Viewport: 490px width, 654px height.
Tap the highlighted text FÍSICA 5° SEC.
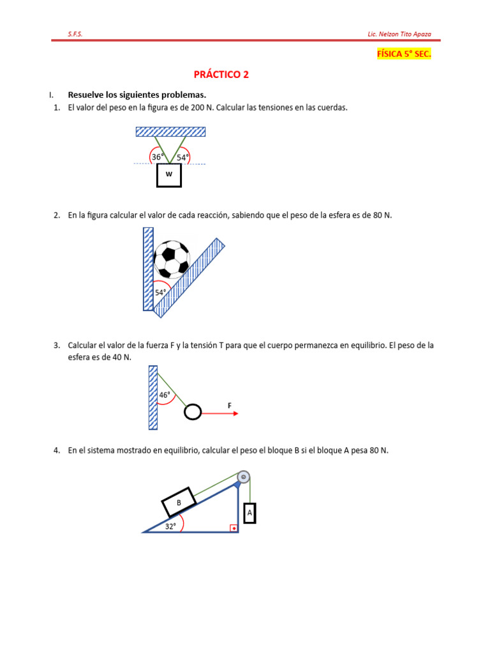point(404,54)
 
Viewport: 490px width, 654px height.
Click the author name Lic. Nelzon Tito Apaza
point(400,34)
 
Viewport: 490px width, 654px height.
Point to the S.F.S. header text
point(75,34)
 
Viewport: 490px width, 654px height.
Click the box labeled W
point(169,174)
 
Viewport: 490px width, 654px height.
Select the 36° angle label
point(158,157)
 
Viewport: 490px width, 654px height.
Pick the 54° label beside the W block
point(183,157)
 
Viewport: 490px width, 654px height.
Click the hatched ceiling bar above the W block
point(170,132)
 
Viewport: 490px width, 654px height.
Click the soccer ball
point(172,259)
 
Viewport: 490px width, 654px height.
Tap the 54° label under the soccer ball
point(160,293)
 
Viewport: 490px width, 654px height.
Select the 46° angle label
point(165,395)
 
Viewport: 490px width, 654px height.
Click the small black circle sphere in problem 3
point(192,413)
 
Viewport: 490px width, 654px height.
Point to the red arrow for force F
point(220,413)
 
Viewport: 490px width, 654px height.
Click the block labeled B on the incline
point(179,503)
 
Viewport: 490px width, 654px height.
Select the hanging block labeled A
point(249,513)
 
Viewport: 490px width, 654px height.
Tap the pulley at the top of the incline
point(243,477)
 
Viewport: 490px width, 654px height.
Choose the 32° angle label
point(170,526)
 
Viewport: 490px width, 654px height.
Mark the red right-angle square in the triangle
point(234,528)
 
